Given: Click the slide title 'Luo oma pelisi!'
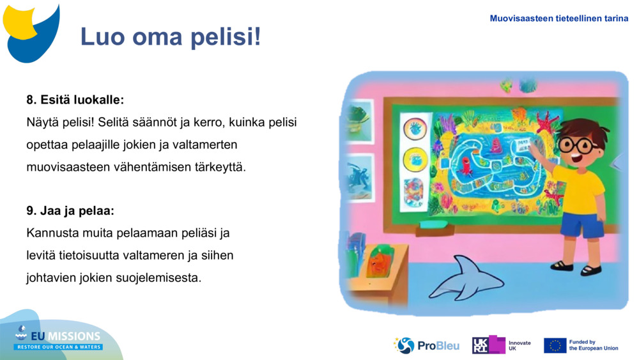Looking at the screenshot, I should pyautogui.click(x=171, y=37).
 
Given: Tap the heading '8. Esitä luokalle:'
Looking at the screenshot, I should pyautogui.click(x=75, y=100).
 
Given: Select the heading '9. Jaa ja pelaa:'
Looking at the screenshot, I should pyautogui.click(x=70, y=210).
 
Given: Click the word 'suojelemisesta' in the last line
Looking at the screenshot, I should pyautogui.click(x=160, y=278).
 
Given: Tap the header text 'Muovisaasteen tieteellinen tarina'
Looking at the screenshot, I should pyautogui.click(x=558, y=19).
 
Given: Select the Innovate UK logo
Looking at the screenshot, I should pyautogui.click(x=502, y=345).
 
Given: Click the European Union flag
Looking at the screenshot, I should pyautogui.click(x=555, y=345).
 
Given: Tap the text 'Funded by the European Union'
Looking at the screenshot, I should pyautogui.click(x=593, y=345).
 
